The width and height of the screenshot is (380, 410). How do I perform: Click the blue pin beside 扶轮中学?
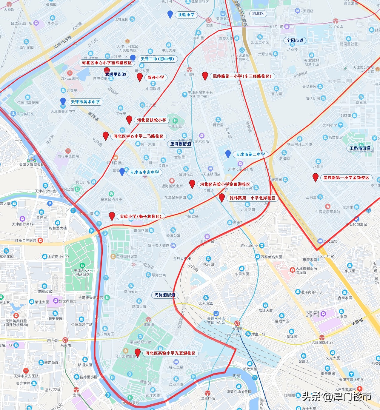170,14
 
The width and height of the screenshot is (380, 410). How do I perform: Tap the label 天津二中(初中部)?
157,59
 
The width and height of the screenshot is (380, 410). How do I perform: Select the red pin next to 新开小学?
139,77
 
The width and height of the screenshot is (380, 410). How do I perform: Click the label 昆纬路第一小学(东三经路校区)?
242,76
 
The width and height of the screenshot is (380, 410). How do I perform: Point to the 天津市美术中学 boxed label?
85,102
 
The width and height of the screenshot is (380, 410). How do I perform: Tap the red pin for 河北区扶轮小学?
129,120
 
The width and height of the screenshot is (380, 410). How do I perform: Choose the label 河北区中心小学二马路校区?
139,136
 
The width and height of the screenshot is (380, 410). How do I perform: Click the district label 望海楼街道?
181,144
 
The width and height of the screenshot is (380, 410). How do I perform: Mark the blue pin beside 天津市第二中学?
228,154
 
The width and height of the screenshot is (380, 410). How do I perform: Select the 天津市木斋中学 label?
144,172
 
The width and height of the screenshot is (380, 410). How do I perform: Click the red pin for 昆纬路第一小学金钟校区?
315,177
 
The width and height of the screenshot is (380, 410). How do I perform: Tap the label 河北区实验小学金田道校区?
225,184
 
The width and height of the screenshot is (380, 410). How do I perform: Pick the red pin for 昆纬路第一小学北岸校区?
222,198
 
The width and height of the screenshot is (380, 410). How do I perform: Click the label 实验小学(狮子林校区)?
141,217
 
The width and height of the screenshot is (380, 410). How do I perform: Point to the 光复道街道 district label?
165,295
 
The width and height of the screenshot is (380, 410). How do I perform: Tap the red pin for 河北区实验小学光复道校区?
138,353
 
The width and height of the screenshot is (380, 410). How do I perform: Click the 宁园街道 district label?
295,41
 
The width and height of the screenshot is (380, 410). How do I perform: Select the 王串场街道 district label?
360,148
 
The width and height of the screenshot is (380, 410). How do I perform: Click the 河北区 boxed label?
258,14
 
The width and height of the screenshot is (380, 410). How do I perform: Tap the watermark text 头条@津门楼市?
336,396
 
